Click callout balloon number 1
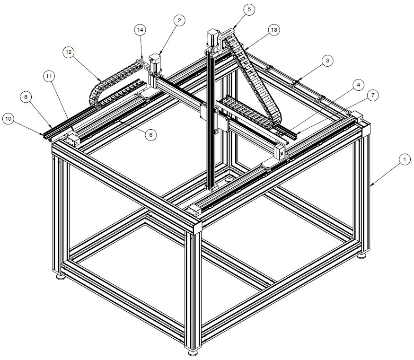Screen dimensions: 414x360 click(405, 160)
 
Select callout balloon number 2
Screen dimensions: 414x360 click(179, 21)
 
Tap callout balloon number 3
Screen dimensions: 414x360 click(327, 61)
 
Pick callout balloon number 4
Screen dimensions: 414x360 click(358, 85)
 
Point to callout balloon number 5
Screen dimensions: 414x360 click(249, 10)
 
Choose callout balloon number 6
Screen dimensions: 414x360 click(151, 135)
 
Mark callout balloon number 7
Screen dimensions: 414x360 click(373, 95)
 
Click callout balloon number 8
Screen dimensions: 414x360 click(26, 97)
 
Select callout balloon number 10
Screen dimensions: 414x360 click(9, 119)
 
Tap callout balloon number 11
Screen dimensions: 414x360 click(49, 77)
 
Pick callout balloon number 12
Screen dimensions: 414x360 click(69, 52)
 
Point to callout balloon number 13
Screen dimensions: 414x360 click(274, 30)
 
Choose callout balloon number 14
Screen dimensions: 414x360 click(140, 30)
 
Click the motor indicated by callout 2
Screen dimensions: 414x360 click(155, 63)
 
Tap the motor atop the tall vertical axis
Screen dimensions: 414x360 click(212, 40)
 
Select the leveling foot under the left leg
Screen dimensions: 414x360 click(61, 277)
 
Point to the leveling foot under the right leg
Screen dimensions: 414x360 click(362, 255)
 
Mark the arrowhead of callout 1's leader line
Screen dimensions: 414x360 click(370, 185)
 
